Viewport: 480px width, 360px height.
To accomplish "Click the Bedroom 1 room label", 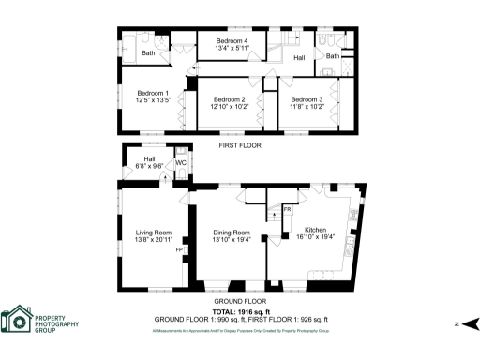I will pos(153,93).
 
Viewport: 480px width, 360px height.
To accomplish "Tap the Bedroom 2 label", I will pos(229,99).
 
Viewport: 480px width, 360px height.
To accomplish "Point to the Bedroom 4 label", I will pos(232,41).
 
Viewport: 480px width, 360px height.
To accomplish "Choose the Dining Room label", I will pos(231,232).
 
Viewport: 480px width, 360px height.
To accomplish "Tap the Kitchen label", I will pos(315,232).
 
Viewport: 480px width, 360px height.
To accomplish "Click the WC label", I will pos(181,163).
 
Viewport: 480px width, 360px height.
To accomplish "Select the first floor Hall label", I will pos(299,58).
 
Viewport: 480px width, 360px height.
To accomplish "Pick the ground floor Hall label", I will pos(149,159).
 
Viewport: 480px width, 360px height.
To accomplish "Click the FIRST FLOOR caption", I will pos(239,145).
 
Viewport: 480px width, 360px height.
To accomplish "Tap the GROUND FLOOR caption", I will pos(239,302).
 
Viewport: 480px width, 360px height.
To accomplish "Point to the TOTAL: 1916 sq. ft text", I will pos(241,312).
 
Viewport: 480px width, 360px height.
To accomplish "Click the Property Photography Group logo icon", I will pos(17,321).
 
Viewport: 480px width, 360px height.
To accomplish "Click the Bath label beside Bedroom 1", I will pos(148,53).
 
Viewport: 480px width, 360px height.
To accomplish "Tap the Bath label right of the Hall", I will pos(332,56).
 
